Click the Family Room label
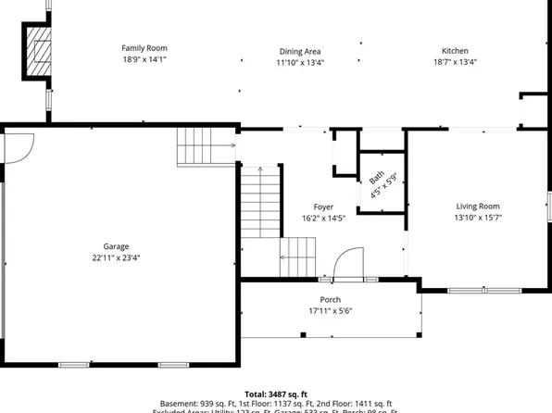(x=144, y=47)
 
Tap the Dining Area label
(x=300, y=51)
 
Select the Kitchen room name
(x=454, y=51)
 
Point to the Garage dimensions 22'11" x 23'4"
(x=116, y=257)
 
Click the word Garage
(x=116, y=246)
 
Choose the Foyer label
(x=323, y=206)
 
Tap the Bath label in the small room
(x=376, y=178)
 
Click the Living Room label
(x=477, y=206)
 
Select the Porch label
(x=330, y=300)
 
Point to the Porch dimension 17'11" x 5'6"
(x=330, y=311)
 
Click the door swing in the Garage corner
(x=20, y=144)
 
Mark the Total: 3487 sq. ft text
(x=275, y=394)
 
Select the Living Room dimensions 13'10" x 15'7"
(x=477, y=217)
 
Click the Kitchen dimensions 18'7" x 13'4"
(x=454, y=62)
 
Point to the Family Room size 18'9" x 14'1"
(x=144, y=58)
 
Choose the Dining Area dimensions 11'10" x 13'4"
(x=300, y=62)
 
